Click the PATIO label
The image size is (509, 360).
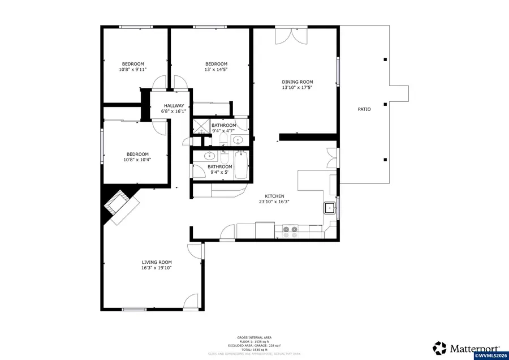pos(364,109)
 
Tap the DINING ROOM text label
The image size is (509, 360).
pos(297,82)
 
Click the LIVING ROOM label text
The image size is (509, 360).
pos(157,262)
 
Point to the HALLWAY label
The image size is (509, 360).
pos(174,106)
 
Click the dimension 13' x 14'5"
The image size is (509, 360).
pos(216,70)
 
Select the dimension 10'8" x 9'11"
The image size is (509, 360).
pos(133,70)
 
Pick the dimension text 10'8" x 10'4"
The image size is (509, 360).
pos(137,160)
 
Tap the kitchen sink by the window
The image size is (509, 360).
pos(329,208)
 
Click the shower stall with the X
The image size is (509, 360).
pos(200,126)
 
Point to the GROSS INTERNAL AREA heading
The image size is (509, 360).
pos(254,337)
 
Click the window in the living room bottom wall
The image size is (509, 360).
pos(135,309)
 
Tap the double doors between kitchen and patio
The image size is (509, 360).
pos(332,158)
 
